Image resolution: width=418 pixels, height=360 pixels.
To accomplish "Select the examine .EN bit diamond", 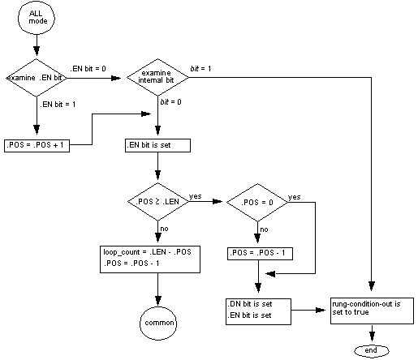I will (35, 78).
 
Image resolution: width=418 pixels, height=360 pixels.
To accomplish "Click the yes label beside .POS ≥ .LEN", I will (196, 195).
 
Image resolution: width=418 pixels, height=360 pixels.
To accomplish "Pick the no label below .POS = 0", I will (265, 229).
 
